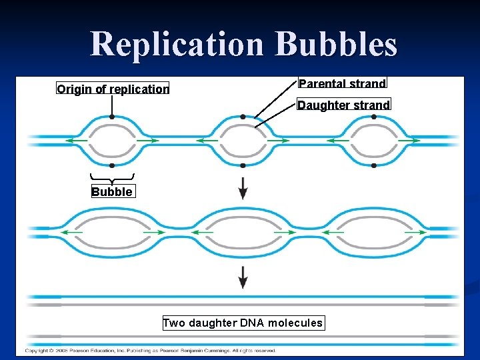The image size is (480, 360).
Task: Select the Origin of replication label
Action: click(113, 89)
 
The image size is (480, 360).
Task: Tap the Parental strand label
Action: click(342, 83)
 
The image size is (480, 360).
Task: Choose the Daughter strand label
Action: click(343, 105)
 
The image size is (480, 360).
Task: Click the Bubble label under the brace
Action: click(112, 192)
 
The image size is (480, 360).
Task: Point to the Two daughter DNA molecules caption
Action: click(243, 323)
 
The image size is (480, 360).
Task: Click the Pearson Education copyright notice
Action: click(150, 351)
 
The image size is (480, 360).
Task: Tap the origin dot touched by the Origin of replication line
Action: click(112, 117)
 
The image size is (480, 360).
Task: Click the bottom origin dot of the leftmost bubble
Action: click(112, 165)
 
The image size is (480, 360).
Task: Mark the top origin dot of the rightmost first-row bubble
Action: click(374, 117)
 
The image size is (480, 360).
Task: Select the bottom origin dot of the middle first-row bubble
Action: click(243, 165)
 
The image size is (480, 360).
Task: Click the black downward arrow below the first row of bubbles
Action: click(243, 188)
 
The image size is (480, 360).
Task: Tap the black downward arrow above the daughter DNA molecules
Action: click(243, 277)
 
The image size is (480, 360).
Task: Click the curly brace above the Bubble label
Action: click(112, 178)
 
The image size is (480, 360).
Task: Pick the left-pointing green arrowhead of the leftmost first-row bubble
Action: click(67, 141)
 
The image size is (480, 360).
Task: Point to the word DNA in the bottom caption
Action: click(250, 323)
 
